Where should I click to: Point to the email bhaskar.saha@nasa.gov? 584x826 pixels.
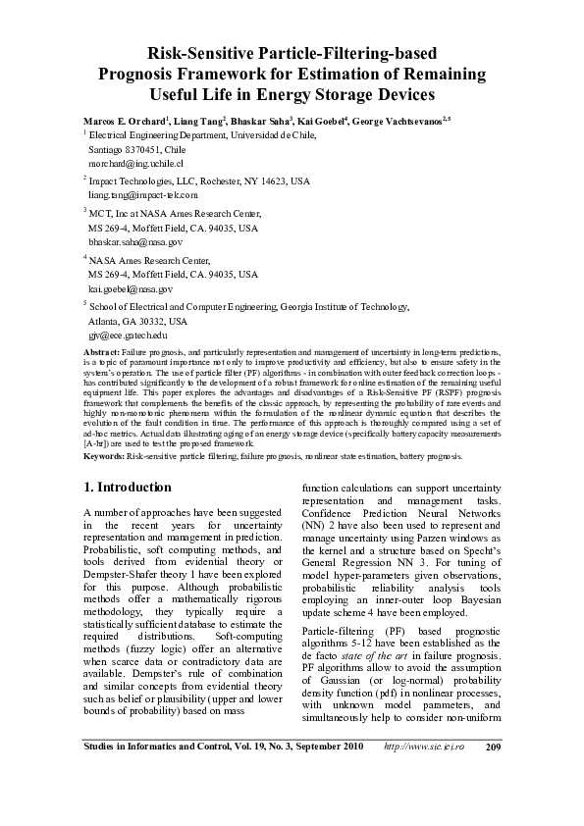134,240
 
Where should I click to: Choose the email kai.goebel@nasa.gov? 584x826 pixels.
130,289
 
